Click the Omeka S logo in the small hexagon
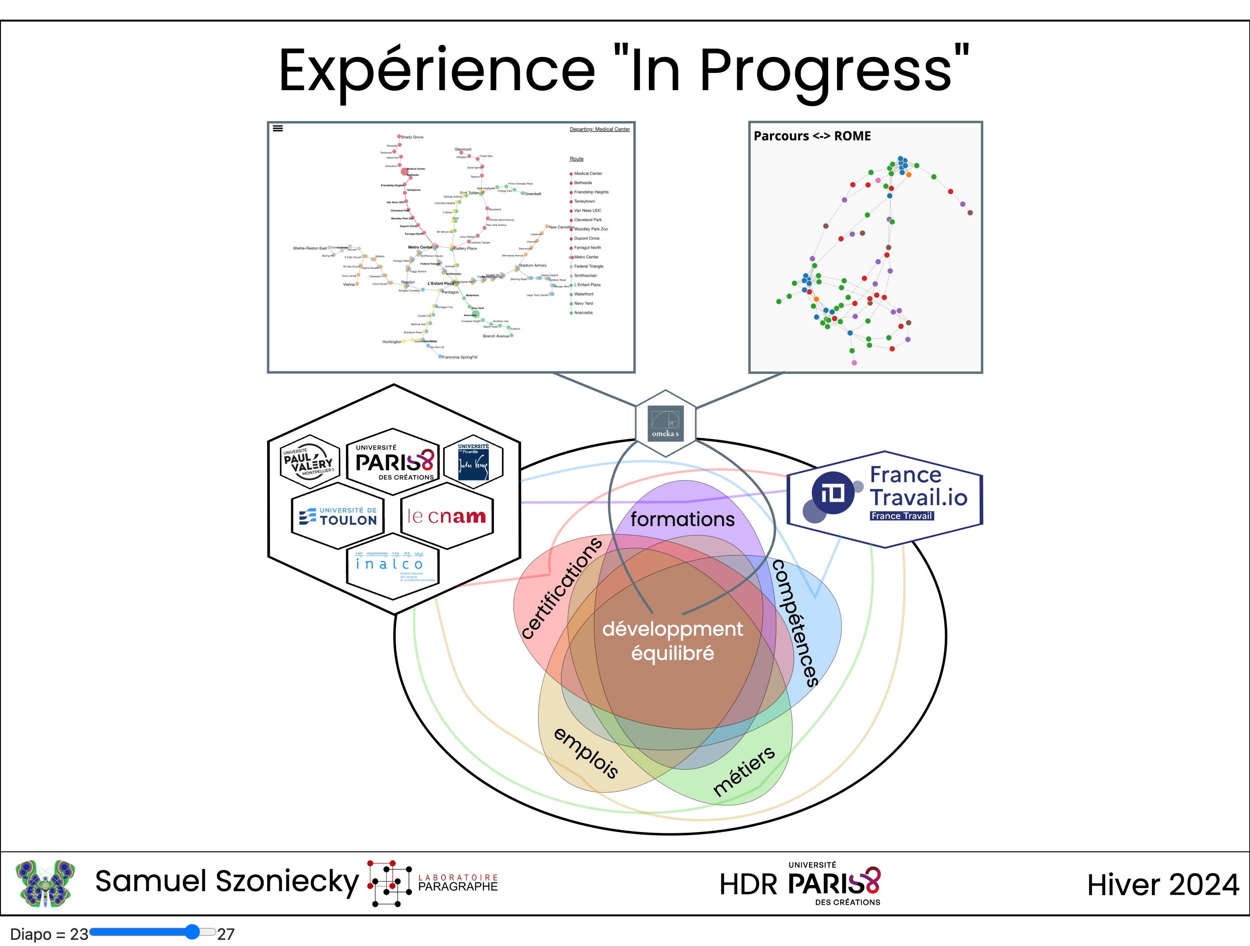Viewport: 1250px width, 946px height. (x=665, y=423)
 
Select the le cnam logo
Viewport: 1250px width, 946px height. (x=447, y=516)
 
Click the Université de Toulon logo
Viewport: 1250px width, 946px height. (x=338, y=516)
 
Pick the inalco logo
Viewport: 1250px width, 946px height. (x=392, y=565)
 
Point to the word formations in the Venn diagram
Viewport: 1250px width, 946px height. (x=682, y=519)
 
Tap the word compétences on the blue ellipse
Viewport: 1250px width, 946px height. (x=795, y=622)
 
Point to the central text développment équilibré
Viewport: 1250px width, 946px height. (x=672, y=641)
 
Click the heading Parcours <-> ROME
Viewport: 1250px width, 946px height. (x=812, y=136)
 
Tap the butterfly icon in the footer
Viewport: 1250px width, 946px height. (x=45, y=883)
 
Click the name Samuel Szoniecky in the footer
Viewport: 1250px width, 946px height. (x=227, y=881)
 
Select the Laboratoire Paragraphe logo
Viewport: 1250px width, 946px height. (x=433, y=883)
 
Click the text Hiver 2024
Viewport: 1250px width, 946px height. (x=1163, y=885)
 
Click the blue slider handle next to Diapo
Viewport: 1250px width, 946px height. (x=193, y=932)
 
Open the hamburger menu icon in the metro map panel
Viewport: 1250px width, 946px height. (x=277, y=128)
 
